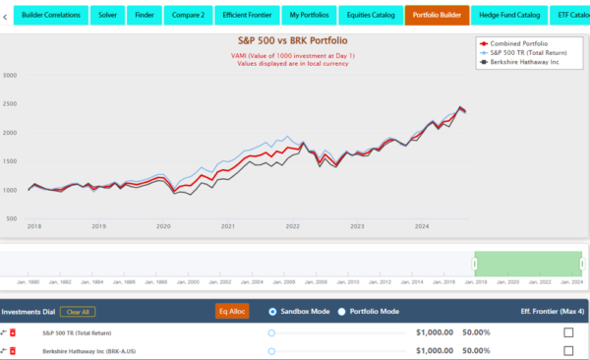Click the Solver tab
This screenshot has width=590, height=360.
point(107,16)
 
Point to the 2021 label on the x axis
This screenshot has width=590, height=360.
point(227,226)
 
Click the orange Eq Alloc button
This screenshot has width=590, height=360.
point(233,311)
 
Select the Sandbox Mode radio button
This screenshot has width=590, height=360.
point(272,311)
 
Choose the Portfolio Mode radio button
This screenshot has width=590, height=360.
point(342,311)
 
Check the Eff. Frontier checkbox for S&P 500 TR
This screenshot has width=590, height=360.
point(567,332)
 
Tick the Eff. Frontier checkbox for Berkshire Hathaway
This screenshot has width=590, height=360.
point(567,350)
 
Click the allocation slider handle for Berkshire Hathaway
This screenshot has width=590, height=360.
point(271,350)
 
